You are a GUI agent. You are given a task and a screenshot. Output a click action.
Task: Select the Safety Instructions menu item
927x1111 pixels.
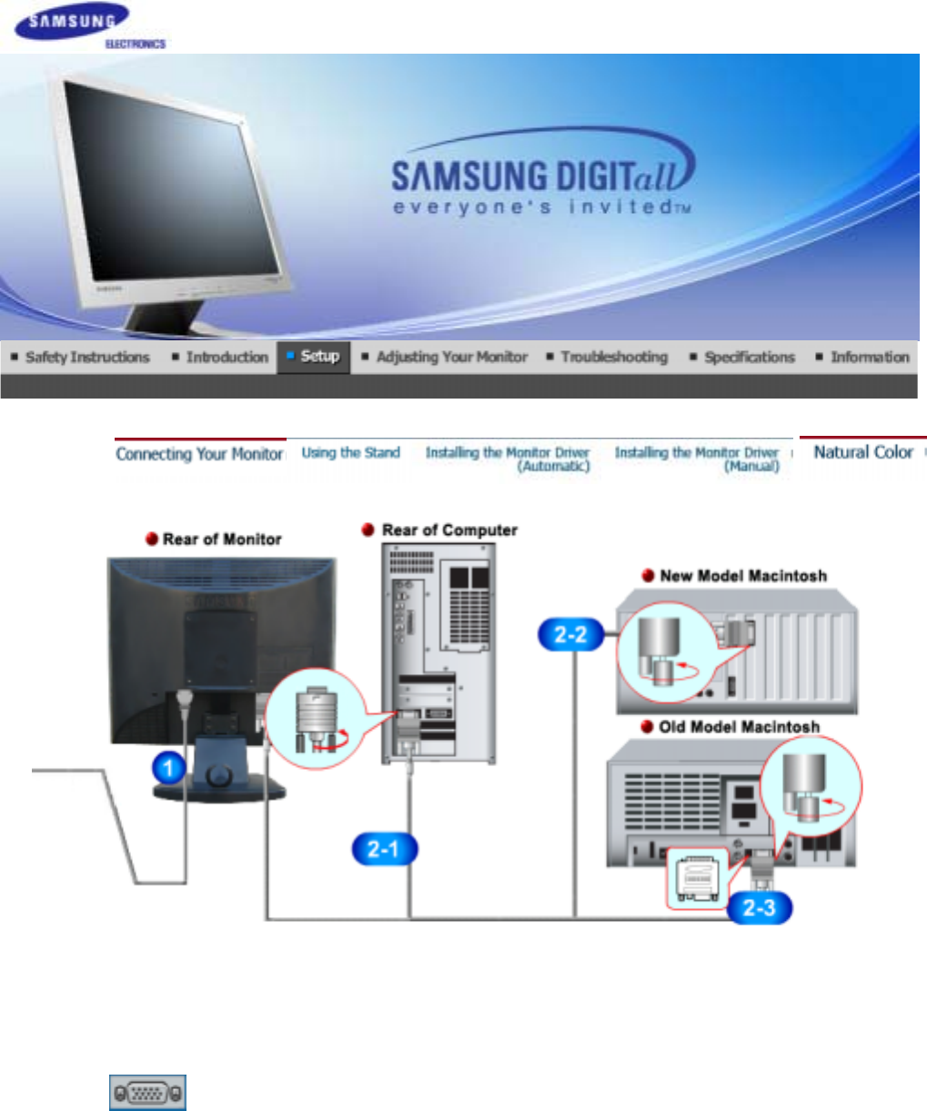(x=86, y=358)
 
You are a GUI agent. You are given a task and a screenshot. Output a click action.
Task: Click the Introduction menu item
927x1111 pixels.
(x=227, y=358)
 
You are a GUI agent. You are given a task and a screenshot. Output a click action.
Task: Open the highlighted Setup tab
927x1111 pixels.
(x=319, y=357)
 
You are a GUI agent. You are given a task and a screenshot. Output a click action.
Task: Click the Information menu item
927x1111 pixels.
(x=869, y=358)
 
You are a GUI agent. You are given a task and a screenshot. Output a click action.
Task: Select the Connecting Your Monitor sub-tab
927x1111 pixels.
(x=199, y=454)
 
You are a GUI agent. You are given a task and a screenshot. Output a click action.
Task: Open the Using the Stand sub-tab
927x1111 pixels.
(x=350, y=453)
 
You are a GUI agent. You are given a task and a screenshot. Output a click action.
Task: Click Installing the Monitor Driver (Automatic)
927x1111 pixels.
(x=508, y=459)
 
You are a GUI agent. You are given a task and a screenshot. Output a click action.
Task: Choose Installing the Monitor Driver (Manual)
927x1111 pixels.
(x=697, y=459)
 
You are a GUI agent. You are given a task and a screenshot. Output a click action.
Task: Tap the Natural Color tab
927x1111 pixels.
(x=862, y=452)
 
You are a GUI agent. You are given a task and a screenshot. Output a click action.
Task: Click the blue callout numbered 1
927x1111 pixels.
(x=168, y=767)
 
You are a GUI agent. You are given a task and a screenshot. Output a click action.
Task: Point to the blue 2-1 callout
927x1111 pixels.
(x=383, y=850)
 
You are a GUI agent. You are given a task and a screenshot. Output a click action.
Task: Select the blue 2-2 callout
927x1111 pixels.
(x=569, y=634)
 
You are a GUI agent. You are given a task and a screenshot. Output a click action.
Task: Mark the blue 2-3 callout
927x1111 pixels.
(x=759, y=907)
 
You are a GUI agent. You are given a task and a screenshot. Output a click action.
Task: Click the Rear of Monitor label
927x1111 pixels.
(x=222, y=540)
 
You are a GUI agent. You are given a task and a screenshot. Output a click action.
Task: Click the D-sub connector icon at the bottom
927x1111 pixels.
(x=148, y=1092)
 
